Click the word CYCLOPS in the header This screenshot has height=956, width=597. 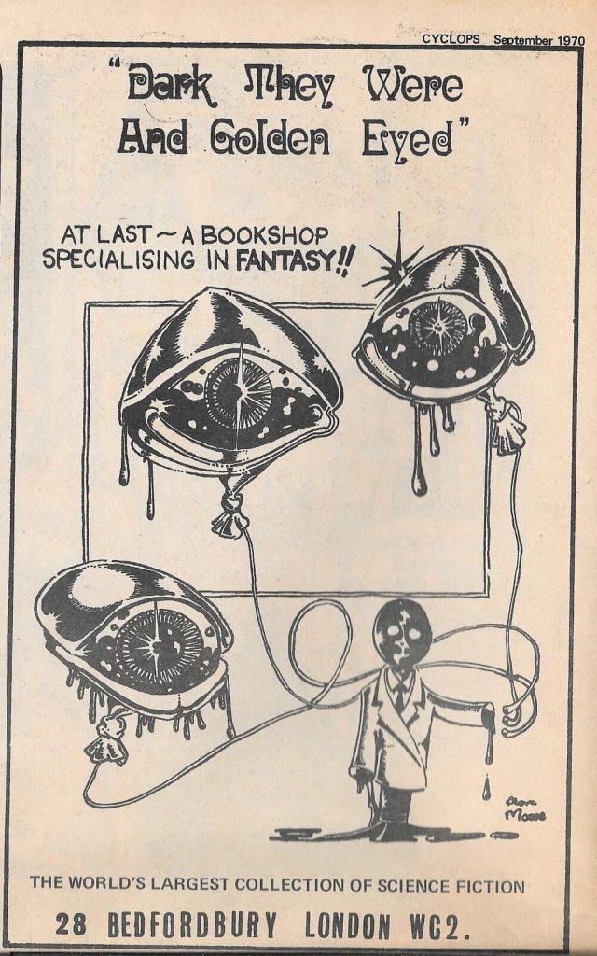pyautogui.click(x=451, y=39)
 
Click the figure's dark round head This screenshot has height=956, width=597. pyautogui.click(x=399, y=635)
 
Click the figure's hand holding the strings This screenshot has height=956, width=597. pyautogui.click(x=511, y=715)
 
